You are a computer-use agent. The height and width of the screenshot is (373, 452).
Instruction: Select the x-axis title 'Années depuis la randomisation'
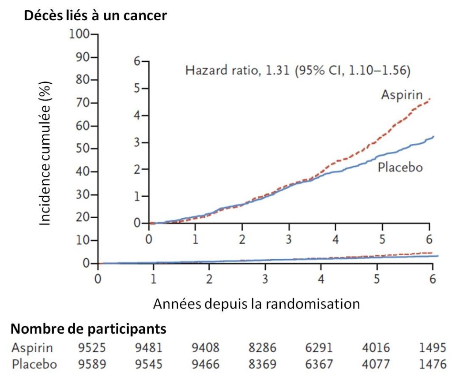(x=256, y=304)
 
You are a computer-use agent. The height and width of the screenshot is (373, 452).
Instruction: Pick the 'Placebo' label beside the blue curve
(x=400, y=168)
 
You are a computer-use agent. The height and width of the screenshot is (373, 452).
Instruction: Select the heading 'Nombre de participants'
(x=88, y=328)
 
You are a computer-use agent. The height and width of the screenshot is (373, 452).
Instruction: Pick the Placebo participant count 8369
(x=262, y=365)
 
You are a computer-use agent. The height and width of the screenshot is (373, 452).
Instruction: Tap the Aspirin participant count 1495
(x=432, y=348)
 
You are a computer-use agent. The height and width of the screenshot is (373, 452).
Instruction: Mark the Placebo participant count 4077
(x=376, y=365)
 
